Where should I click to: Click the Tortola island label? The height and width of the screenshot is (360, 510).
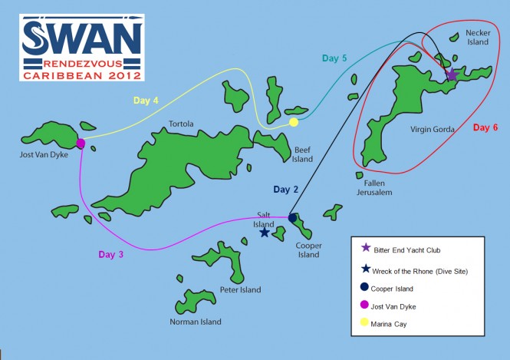point(181,124)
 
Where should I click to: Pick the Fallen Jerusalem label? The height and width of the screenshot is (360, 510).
point(374,187)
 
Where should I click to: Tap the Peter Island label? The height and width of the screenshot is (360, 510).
point(239,289)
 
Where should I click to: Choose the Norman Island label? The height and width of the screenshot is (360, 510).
point(196,322)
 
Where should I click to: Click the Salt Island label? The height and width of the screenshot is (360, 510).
point(267,219)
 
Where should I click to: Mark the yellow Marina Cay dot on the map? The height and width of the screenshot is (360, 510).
point(294,122)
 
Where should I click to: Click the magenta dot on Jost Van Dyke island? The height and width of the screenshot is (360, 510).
point(81,143)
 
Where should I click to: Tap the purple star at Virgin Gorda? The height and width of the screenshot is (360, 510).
point(452,75)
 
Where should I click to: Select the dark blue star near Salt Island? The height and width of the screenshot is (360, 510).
point(265,232)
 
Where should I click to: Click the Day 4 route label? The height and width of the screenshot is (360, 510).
point(146,100)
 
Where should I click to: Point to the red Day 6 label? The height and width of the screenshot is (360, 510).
point(485,127)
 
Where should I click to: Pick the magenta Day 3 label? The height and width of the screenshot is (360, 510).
point(110,255)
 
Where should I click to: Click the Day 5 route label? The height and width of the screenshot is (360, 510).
point(334,58)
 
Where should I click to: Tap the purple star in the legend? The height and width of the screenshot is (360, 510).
point(366,247)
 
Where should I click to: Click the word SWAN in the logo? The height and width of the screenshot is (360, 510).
point(81,37)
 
